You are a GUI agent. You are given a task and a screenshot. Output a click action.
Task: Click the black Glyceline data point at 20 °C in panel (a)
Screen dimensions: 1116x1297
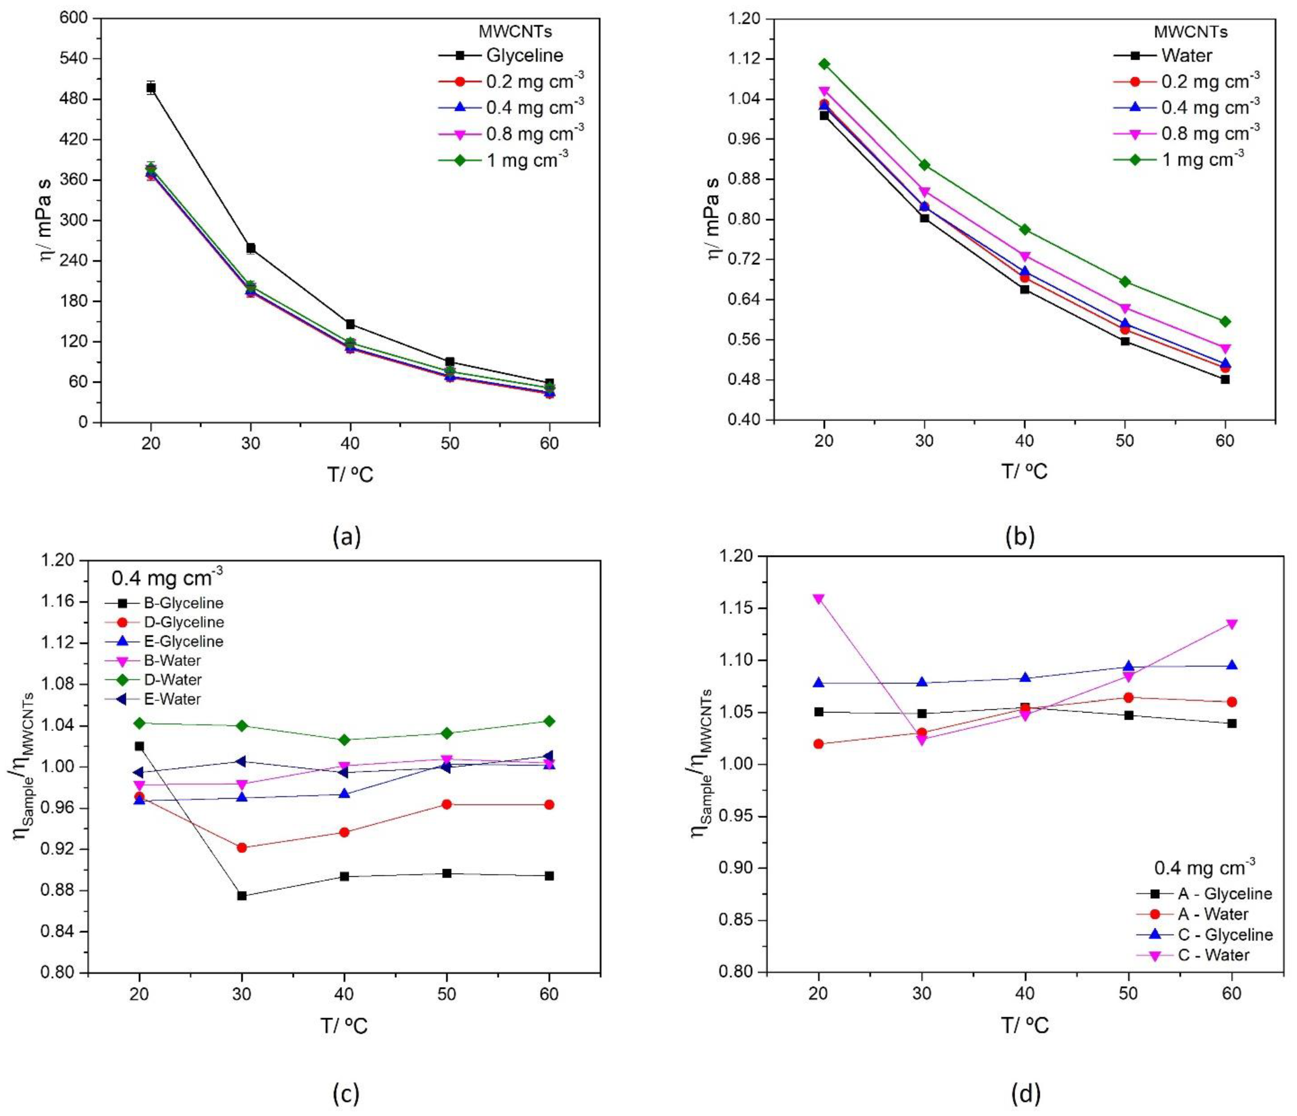pos(151,88)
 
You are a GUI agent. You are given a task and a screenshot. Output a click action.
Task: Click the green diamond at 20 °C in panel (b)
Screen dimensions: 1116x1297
pos(824,64)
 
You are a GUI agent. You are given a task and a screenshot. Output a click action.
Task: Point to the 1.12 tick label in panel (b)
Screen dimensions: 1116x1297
pos(749,59)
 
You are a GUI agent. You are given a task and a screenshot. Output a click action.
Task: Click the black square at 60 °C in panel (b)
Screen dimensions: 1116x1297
pos(1225,380)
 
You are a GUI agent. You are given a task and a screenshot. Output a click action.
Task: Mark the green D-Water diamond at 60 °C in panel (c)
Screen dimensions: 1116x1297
pos(549,721)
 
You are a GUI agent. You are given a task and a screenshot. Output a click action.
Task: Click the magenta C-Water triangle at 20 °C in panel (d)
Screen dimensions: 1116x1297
pos(818,599)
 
